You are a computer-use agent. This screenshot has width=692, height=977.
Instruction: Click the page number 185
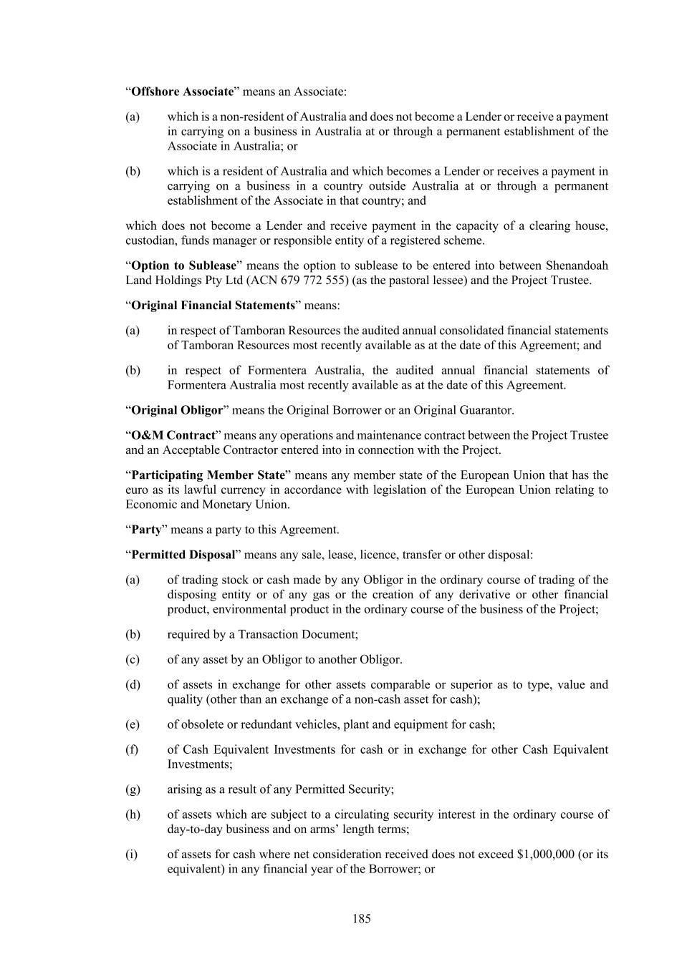(362, 919)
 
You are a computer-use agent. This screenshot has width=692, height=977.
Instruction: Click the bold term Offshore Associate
(183, 92)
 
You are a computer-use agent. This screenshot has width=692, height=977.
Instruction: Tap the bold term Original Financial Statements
(213, 306)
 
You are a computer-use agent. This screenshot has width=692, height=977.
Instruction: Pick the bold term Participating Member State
(208, 475)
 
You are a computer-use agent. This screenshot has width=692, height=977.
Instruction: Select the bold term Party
(146, 530)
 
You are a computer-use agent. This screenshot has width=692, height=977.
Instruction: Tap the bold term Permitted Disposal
(183, 555)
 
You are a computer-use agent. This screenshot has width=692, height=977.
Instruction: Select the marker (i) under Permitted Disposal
(131, 855)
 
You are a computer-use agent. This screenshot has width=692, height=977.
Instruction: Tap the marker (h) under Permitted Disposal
(133, 815)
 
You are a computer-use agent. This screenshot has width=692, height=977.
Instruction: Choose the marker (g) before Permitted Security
(133, 789)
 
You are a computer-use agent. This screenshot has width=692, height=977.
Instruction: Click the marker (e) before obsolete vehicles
(133, 724)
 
